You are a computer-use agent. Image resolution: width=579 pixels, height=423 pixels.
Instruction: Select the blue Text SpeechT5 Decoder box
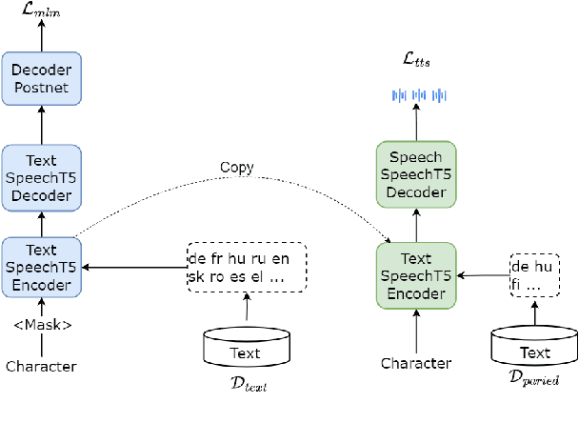point(41,176)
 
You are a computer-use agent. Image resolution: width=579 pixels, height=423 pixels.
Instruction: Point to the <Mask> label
point(41,323)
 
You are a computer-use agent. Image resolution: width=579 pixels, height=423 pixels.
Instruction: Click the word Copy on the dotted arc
point(236,168)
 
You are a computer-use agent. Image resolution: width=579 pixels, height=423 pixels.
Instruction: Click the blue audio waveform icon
point(420,95)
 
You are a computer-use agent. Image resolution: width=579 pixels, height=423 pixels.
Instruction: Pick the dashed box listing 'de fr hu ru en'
point(247,268)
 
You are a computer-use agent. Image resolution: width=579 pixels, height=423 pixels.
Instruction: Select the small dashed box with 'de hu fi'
point(534,276)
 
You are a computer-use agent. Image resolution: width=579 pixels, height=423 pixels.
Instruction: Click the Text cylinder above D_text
point(246,350)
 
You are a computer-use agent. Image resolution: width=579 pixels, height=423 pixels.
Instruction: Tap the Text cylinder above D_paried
point(533,351)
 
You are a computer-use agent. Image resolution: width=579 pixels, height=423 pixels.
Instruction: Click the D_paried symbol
point(533,379)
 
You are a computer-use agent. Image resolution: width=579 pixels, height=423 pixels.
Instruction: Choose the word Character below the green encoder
point(416,363)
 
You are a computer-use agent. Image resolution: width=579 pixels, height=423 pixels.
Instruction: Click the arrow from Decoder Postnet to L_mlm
point(41,37)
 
